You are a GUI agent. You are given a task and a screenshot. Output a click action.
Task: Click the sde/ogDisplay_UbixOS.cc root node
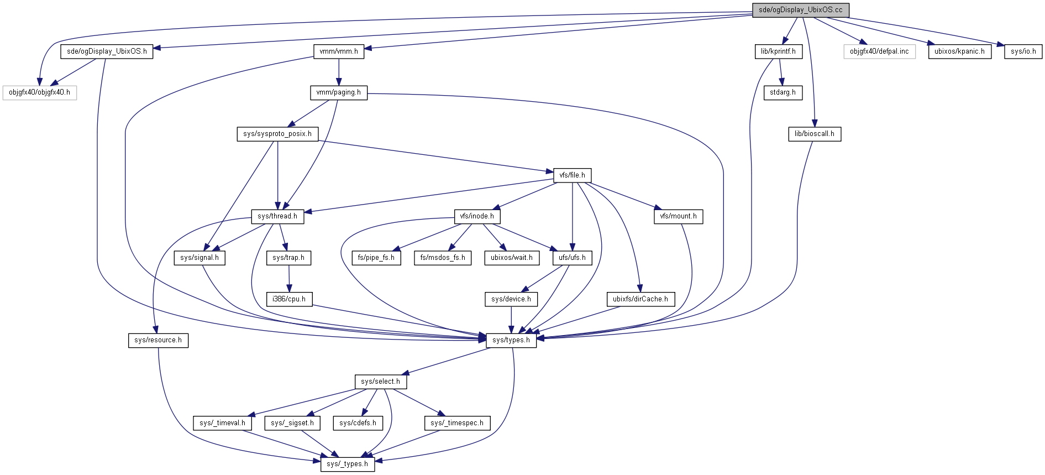(800, 10)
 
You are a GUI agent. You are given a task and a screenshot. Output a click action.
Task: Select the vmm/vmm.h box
(339, 51)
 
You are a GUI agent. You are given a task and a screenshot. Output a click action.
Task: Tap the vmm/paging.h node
(338, 92)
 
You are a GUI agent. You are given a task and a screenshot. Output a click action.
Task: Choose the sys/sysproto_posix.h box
(277, 134)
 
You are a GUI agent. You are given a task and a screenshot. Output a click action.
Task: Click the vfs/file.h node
(572, 175)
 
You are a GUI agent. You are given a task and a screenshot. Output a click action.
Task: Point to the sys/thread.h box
(277, 216)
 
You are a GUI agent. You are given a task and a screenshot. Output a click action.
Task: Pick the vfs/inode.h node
(477, 216)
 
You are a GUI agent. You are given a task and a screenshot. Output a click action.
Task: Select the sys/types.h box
(511, 340)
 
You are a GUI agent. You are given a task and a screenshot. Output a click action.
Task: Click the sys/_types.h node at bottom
(347, 464)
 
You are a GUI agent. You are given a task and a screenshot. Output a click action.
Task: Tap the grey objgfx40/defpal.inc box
(879, 51)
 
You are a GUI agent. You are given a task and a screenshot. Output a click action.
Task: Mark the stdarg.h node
(783, 92)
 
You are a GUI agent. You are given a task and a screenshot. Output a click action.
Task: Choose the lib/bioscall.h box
(814, 134)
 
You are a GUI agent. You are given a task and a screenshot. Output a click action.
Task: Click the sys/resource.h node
(158, 340)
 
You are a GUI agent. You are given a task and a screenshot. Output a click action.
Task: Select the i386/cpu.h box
(289, 299)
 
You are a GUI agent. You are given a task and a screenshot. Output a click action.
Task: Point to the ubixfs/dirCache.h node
(640, 299)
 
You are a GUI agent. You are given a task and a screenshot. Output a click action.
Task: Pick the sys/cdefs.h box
(358, 423)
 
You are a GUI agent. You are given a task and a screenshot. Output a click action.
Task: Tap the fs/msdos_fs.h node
(442, 258)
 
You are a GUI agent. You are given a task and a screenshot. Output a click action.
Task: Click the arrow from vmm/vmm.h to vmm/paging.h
(339, 72)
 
